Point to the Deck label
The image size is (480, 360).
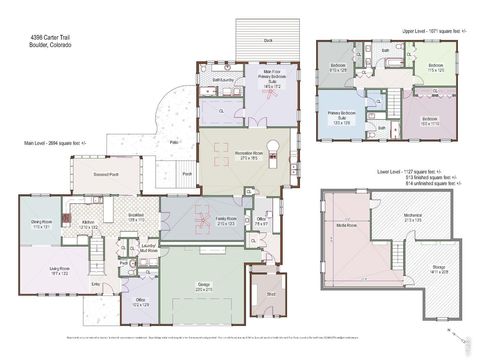[268, 41]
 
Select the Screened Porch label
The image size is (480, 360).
[81, 173]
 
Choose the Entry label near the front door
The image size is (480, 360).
[96, 283]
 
